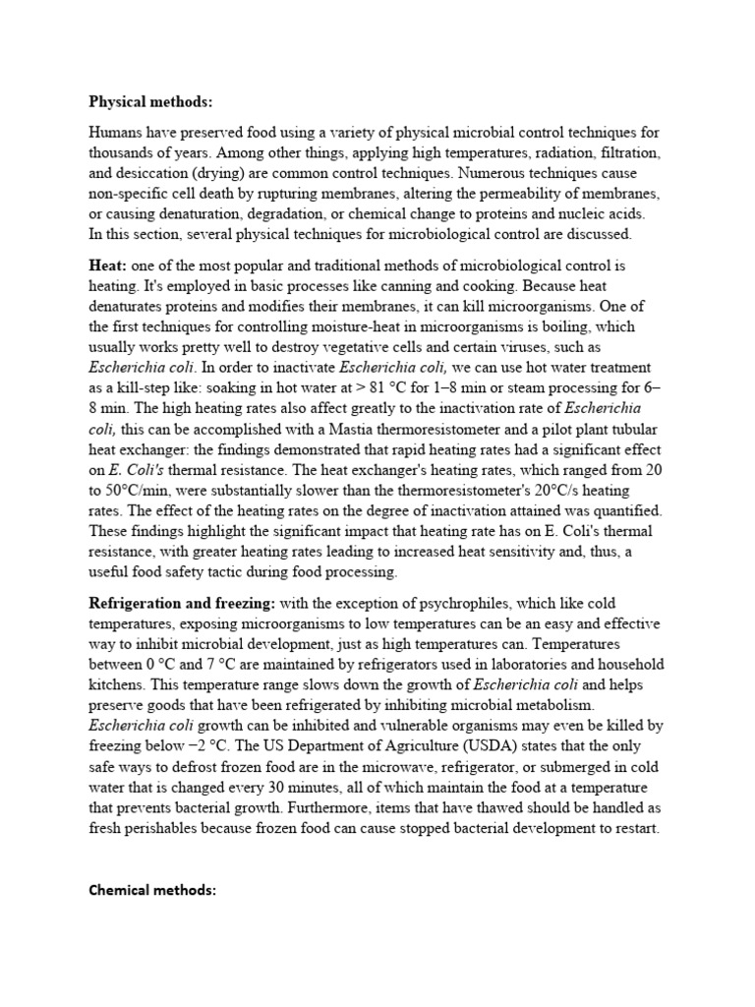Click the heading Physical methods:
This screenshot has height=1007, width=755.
point(150,101)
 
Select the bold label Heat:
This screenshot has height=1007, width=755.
point(107,267)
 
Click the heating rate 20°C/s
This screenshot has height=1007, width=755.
point(557,491)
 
